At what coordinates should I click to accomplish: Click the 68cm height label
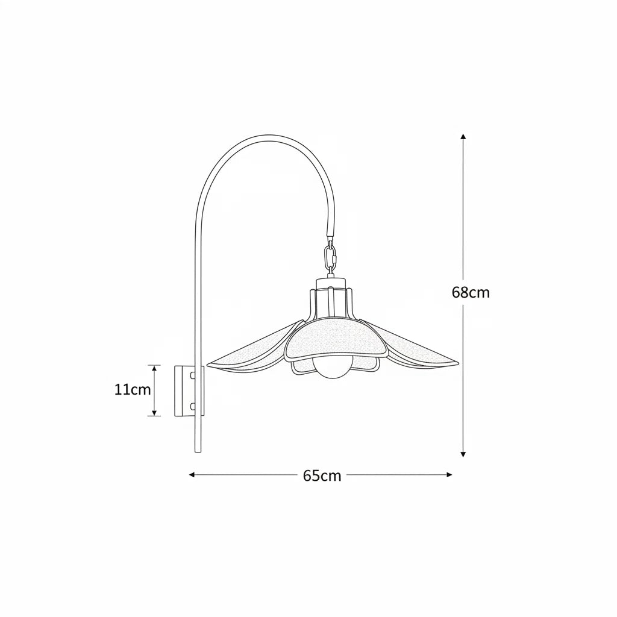click(471, 293)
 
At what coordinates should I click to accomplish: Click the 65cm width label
click(322, 476)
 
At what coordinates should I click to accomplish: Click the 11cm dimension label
click(133, 390)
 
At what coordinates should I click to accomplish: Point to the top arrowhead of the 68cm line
click(463, 137)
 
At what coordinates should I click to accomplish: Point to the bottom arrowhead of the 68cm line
click(463, 454)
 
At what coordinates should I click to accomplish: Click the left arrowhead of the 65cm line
click(192, 475)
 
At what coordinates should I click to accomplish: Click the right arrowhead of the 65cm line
click(449, 475)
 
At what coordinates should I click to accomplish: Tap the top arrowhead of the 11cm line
click(154, 368)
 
